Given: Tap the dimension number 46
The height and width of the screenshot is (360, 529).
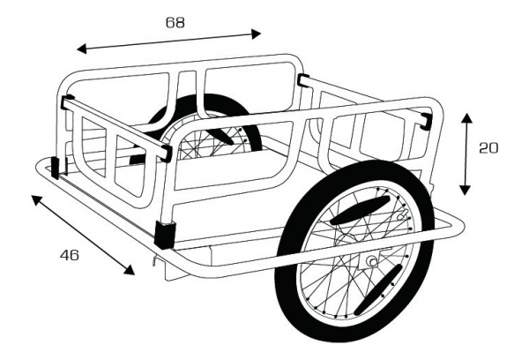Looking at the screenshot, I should (70, 256).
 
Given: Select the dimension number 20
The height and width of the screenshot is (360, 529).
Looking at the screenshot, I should (488, 147).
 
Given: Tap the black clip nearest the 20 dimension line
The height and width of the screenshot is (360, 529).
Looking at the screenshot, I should (426, 119).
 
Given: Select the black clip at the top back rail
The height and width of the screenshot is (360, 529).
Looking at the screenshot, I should (305, 81).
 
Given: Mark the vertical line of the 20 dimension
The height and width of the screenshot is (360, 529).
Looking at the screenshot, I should (466, 154).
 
